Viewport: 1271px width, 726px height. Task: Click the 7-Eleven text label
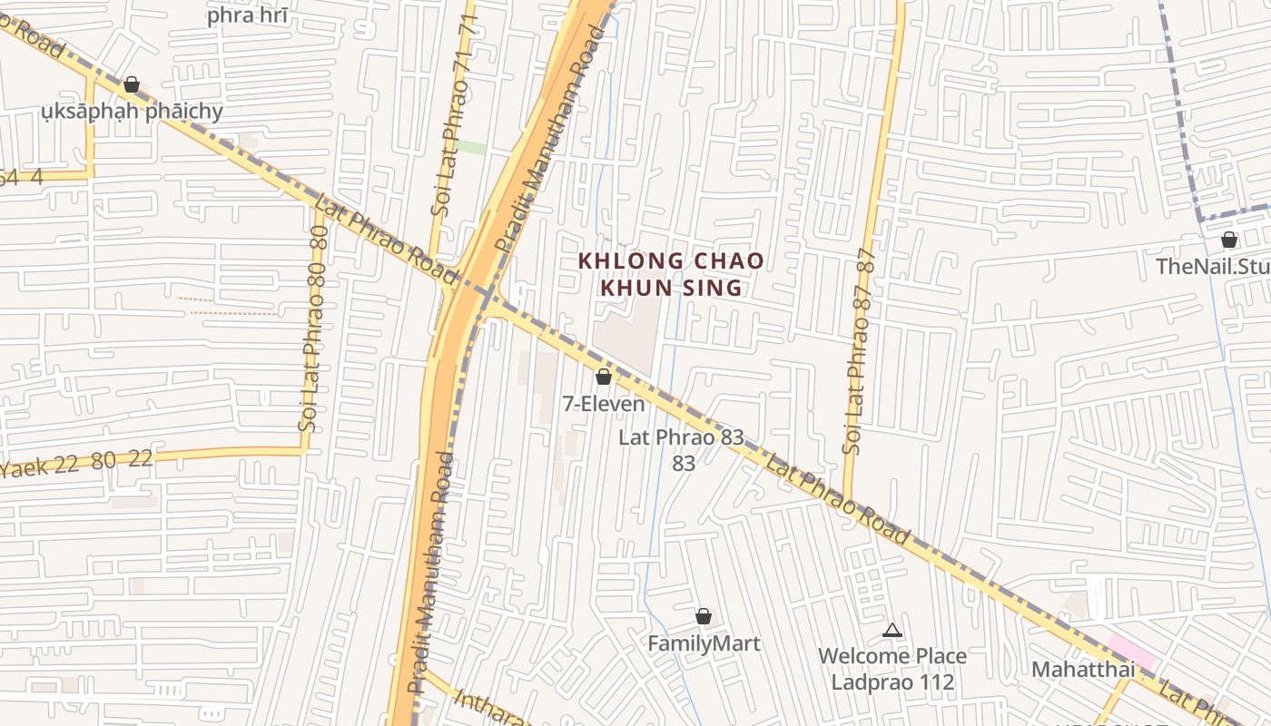[604, 404]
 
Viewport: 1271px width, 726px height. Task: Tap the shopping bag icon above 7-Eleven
[604, 377]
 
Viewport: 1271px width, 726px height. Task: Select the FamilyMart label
[704, 643]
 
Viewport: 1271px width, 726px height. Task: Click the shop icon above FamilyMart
[704, 617]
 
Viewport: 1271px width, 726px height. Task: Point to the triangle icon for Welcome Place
[892, 630]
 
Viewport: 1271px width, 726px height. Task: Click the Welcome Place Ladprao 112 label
[892, 669]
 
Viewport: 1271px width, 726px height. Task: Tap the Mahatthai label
[1083, 670]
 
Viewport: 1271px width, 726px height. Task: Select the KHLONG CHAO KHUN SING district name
[671, 274]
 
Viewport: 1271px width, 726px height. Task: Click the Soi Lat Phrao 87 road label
[858, 349]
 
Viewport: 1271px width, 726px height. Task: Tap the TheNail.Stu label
[1213, 267]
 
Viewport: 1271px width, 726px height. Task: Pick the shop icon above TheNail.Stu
[1229, 240]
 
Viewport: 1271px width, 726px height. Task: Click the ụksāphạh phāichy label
[132, 112]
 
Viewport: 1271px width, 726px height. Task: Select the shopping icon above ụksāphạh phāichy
[132, 84]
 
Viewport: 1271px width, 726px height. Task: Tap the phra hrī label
[248, 15]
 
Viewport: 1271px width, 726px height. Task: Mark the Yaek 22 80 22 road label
[77, 463]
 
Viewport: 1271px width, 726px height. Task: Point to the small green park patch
[469, 147]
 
